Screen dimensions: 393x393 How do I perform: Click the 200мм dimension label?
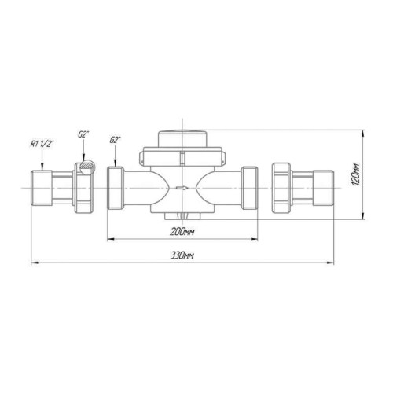pyautogui.click(x=182, y=232)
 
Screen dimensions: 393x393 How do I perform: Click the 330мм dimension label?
pyautogui.click(x=182, y=255)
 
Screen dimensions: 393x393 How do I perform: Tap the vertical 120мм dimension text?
pyautogui.click(x=355, y=174)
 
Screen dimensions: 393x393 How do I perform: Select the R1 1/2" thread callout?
pyautogui.click(x=42, y=144)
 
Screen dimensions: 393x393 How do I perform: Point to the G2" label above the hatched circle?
pyautogui.click(x=83, y=134)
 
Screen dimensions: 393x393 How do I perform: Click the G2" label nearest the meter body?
pyautogui.click(x=116, y=140)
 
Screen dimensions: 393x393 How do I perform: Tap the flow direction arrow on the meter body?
pyautogui.click(x=182, y=188)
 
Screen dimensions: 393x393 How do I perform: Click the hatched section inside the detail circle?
pyautogui.click(x=86, y=166)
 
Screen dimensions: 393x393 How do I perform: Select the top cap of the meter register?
pyautogui.click(x=182, y=139)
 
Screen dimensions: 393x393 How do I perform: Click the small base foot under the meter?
pyautogui.click(x=182, y=216)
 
